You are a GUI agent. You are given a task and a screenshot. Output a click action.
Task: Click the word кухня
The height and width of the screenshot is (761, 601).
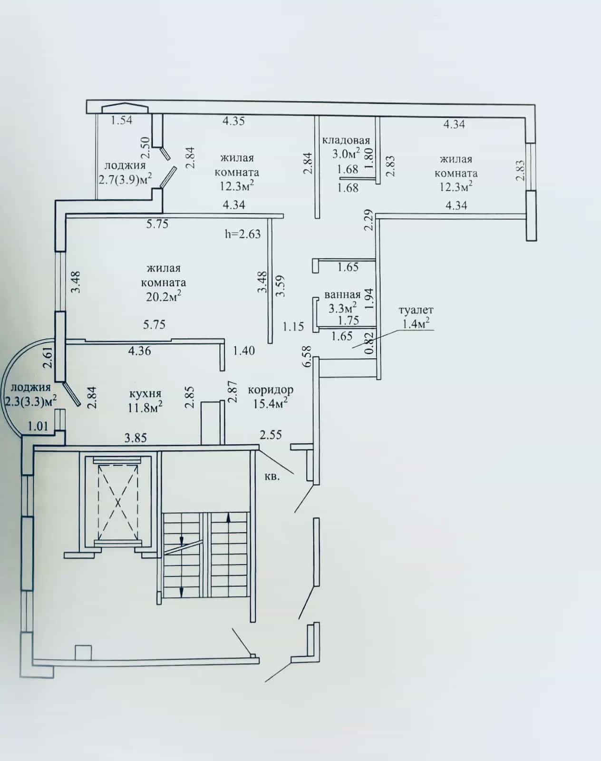click(145, 394)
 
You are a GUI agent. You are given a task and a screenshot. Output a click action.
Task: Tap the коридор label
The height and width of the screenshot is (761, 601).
click(271, 390)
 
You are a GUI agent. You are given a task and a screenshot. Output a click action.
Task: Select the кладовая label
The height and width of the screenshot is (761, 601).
click(346, 140)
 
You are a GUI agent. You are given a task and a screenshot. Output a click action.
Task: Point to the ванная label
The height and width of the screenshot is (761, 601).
click(342, 294)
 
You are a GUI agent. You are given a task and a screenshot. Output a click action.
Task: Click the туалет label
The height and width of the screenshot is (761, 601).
click(416, 310)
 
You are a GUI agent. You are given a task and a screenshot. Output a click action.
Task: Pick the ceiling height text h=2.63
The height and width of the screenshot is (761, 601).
click(243, 234)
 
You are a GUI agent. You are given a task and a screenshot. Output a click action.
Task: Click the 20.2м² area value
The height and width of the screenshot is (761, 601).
click(164, 296)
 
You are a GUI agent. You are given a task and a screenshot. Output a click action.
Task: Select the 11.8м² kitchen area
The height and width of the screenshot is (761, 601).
click(145, 408)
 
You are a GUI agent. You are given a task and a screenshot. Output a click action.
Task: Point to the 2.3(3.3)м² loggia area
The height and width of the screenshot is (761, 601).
click(29, 402)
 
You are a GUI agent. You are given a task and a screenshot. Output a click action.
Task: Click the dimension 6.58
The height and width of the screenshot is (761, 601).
click(307, 356)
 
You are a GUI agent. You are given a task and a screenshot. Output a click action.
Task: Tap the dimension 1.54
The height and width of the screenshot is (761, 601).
click(121, 120)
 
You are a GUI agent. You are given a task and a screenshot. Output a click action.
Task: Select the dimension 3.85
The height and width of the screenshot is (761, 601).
click(136, 438)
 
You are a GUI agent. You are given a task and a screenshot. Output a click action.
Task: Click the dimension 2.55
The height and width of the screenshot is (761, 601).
click(271, 435)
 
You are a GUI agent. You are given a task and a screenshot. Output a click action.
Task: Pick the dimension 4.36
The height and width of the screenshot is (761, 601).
click(140, 351)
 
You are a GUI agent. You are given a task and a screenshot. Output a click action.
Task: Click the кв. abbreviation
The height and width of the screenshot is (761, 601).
click(272, 477)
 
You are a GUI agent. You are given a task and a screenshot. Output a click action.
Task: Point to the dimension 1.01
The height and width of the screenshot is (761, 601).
click(38, 426)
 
